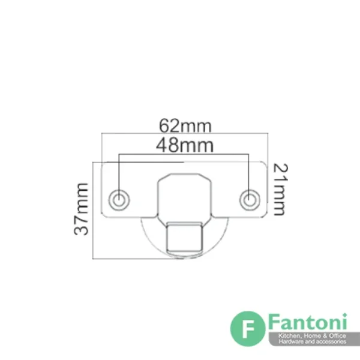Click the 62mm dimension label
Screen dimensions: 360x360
click(185, 125)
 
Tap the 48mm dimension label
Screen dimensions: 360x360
click(185, 145)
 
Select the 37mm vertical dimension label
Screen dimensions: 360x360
click(81, 209)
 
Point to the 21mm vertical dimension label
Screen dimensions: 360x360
click(281, 190)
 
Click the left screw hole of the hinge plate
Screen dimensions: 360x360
click(119, 200)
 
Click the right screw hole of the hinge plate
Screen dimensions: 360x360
click(250, 200)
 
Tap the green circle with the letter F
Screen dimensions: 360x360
click(248, 329)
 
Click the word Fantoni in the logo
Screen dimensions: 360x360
click(308, 322)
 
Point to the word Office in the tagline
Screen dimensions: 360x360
click(337, 336)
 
